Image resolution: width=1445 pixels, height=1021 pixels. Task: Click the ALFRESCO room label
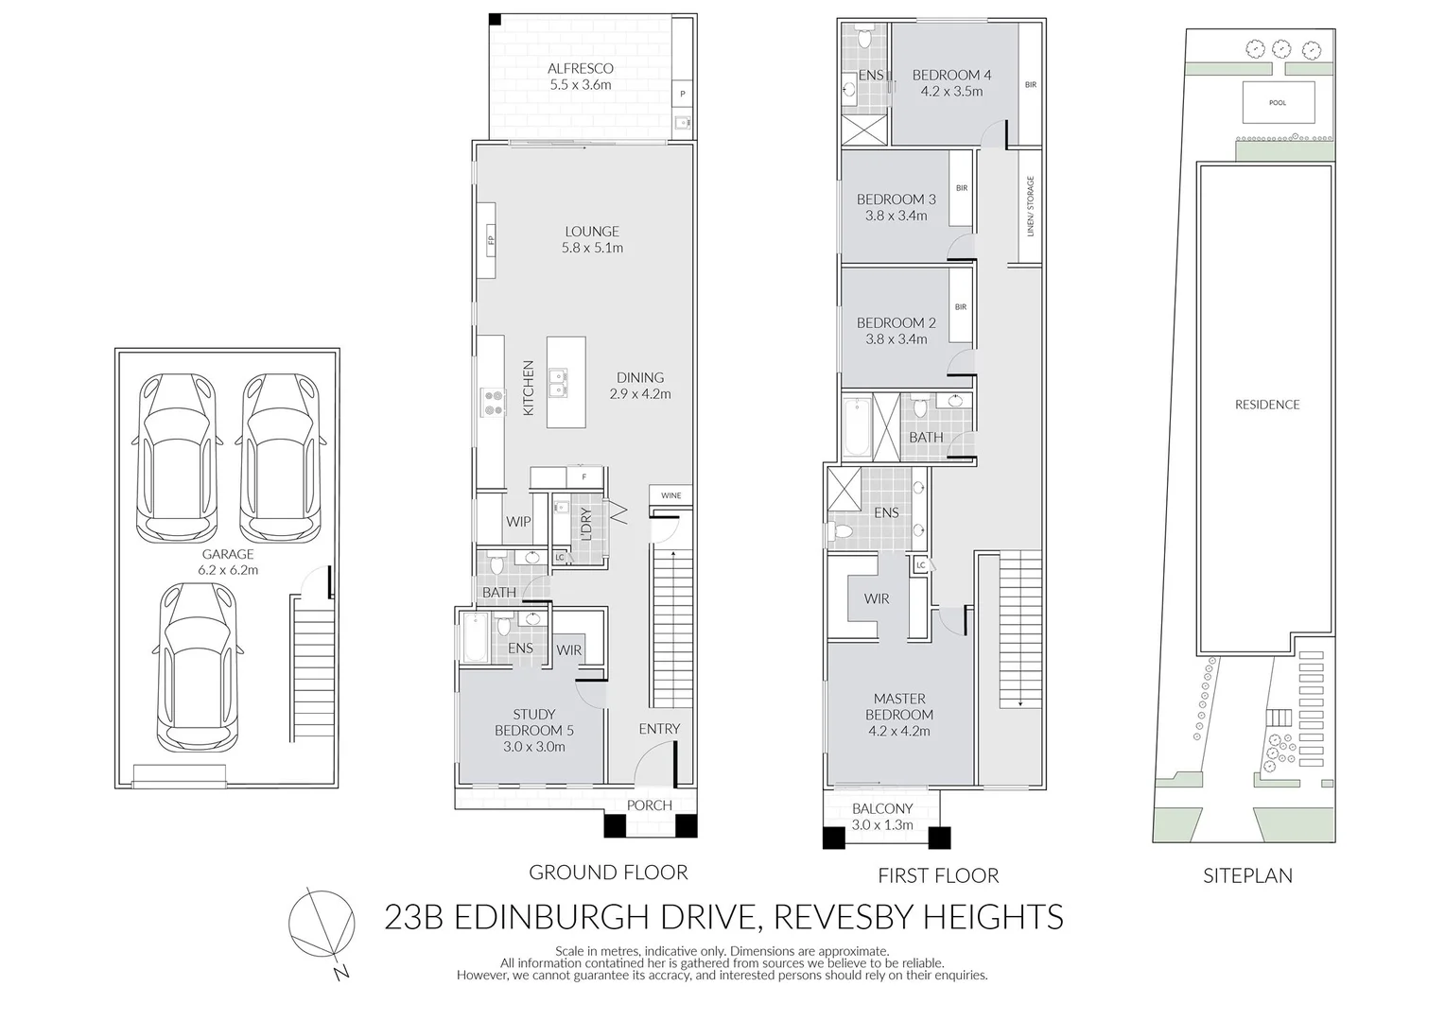[581, 69]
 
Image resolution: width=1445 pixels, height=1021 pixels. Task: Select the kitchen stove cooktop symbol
[494, 402]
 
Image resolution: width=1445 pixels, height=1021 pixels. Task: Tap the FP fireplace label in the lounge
[491, 240]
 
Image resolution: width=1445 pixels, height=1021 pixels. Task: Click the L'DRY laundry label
[585, 525]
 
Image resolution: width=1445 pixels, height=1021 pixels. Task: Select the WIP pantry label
[518, 522]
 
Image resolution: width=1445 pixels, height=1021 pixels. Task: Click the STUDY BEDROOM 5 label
[534, 730]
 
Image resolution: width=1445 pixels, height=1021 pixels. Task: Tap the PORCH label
[650, 805]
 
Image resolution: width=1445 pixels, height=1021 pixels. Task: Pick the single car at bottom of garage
[198, 666]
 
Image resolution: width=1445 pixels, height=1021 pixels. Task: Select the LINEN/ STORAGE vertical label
[1031, 205]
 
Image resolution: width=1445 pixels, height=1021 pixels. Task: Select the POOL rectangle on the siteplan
[1278, 102]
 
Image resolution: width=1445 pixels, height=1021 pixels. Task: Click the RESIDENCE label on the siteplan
[1267, 405]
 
